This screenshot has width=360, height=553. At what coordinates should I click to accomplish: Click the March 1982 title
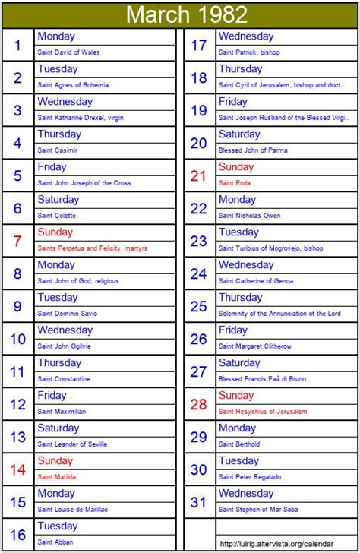[x=186, y=14]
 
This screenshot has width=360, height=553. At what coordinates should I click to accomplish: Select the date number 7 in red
[x=17, y=242]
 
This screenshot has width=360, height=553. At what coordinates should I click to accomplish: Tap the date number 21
[x=198, y=176]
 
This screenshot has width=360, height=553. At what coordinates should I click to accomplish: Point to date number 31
[x=198, y=503]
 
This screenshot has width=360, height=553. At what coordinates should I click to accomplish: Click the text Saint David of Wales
[x=68, y=52]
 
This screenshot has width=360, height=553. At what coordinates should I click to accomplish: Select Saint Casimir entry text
[x=57, y=150]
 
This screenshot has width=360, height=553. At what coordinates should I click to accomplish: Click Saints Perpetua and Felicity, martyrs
[x=92, y=248]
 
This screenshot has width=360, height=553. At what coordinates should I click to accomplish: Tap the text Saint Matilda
[x=56, y=477]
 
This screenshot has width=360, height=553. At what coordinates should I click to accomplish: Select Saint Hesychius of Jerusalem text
[x=263, y=412]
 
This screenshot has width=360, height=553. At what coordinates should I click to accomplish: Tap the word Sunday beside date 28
[x=236, y=396]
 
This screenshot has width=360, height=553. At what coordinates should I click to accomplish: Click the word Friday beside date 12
[x=52, y=396]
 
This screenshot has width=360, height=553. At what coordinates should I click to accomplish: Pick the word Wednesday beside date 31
[x=246, y=494]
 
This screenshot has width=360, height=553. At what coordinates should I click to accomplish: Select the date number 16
[x=17, y=536]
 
